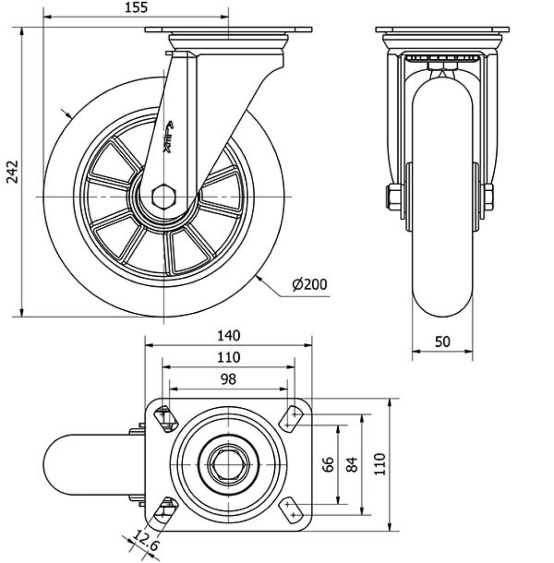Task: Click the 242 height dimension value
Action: [12, 171]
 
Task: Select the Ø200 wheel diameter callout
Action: [309, 285]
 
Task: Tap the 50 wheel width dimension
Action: [442, 342]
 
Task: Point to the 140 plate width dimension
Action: [229, 336]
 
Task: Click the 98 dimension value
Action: [229, 379]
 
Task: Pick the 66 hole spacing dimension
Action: [328, 465]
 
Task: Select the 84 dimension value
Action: [351, 465]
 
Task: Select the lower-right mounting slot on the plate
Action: [290, 511]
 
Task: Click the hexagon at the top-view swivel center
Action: [228, 465]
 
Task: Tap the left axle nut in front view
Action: [394, 197]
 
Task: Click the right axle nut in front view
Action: [487, 197]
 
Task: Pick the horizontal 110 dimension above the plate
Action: [229, 357]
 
